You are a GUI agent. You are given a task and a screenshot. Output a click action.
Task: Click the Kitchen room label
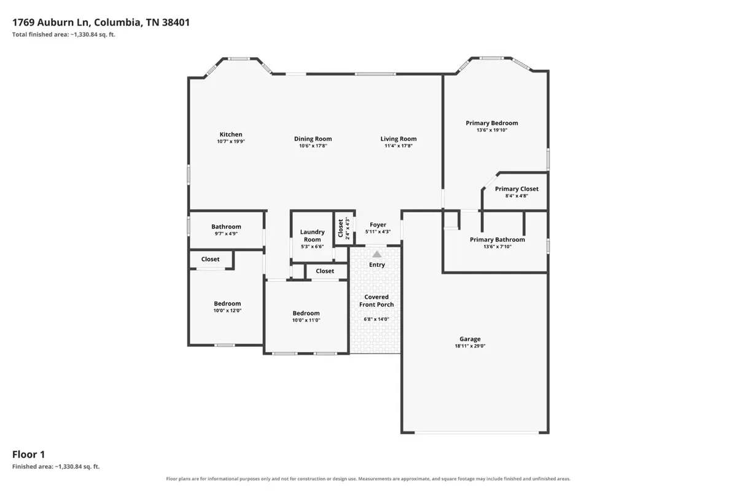pyautogui.click(x=231, y=134)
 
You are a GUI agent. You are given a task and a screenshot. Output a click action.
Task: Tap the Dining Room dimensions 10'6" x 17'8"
pyautogui.click(x=313, y=145)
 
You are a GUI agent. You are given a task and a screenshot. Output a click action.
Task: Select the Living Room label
pyautogui.click(x=399, y=139)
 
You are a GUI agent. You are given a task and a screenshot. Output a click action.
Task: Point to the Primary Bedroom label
pyautogui.click(x=491, y=123)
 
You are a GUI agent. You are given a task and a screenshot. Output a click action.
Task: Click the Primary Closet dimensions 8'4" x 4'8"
pyautogui.click(x=517, y=196)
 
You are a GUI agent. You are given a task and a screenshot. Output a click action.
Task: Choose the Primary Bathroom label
pyautogui.click(x=497, y=240)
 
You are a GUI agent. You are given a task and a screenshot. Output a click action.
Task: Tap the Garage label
pyautogui.click(x=470, y=339)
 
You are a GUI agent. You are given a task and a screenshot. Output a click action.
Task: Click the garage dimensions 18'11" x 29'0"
pyautogui.click(x=470, y=346)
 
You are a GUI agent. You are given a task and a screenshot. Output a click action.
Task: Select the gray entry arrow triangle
pyautogui.click(x=376, y=254)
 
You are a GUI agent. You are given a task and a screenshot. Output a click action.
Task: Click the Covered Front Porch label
pyautogui.click(x=376, y=301)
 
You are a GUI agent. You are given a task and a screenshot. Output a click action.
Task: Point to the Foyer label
pyautogui.click(x=378, y=225)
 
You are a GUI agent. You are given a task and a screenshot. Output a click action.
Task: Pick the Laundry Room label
pyautogui.click(x=312, y=236)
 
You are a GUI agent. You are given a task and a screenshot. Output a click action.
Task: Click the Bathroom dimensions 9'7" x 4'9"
pyautogui.click(x=226, y=234)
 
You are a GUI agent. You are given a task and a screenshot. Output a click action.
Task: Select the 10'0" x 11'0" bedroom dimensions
pyautogui.click(x=306, y=320)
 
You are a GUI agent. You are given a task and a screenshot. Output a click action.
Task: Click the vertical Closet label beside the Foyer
pyautogui.click(x=340, y=228)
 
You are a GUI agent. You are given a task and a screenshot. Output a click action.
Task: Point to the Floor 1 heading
pyautogui.click(x=29, y=455)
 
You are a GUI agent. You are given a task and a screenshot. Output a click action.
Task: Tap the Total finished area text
pyautogui.click(x=64, y=34)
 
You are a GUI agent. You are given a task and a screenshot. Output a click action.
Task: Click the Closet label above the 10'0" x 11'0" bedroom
pyautogui.click(x=325, y=271)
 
